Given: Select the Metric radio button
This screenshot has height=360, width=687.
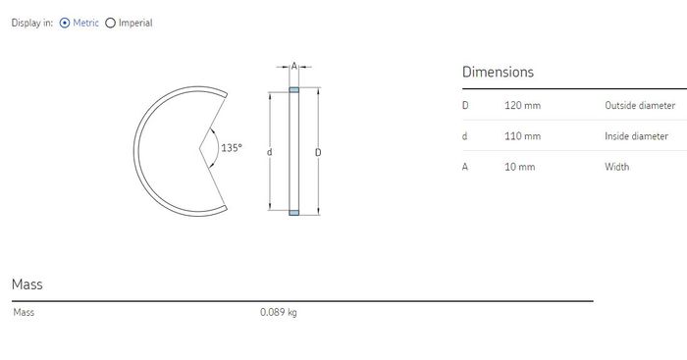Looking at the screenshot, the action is tap(65, 23).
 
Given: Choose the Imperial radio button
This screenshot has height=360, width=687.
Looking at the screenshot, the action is tap(110, 23).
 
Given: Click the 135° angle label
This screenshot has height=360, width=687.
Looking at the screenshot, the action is tap(232, 148).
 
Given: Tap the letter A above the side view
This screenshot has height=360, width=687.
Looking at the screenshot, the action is tap(294, 66).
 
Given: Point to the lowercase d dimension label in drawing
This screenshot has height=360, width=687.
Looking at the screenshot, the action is tap(270, 152).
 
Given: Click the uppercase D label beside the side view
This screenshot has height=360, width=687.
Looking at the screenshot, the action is tap(318, 152).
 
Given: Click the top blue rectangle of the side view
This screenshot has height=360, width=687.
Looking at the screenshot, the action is tap(294, 90).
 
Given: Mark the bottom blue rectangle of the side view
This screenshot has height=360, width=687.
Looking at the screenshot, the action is tap(294, 213).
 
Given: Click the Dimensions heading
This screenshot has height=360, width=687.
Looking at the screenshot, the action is tap(499, 72).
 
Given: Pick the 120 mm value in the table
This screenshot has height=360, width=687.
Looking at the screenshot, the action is tap(522, 106).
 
